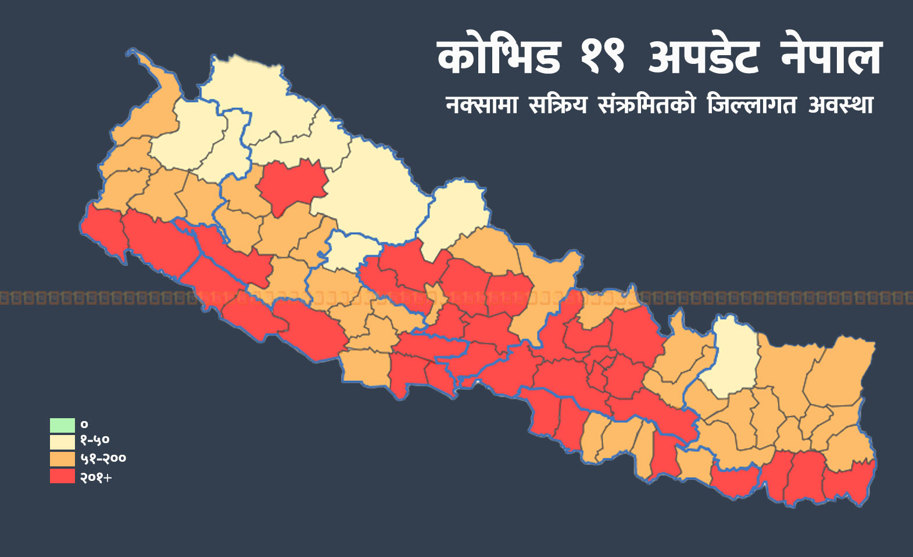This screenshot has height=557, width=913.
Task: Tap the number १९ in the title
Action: tap(602, 58)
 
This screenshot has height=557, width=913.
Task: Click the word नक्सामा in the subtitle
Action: tap(481, 105)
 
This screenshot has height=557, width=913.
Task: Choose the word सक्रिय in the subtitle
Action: tap(558, 105)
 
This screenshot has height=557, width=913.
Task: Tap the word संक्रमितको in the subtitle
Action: tap(646, 105)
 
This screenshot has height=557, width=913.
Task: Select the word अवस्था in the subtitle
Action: tap(841, 105)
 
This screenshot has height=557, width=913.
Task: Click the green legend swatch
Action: tap(62, 425)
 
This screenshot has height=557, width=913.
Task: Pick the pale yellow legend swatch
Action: tap(62, 442)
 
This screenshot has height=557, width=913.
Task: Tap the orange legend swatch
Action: tap(62, 459)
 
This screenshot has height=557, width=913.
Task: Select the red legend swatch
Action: tap(62, 476)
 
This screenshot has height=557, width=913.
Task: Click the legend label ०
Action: tap(84, 425)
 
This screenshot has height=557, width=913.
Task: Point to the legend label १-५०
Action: tap(95, 441)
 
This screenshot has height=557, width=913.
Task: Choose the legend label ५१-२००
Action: tap(103, 459)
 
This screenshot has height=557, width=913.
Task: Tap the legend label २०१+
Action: tap(96, 477)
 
